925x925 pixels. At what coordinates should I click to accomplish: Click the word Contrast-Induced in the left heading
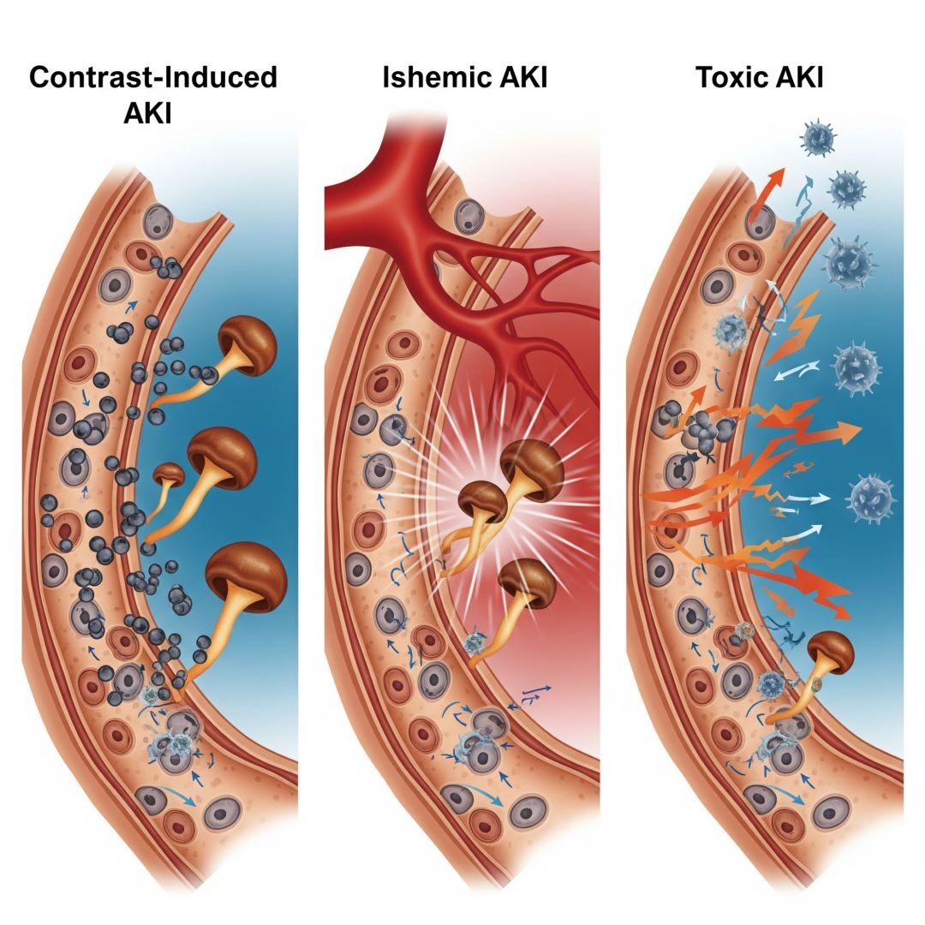(153, 77)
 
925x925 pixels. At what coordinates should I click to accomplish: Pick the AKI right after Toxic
(797, 77)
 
